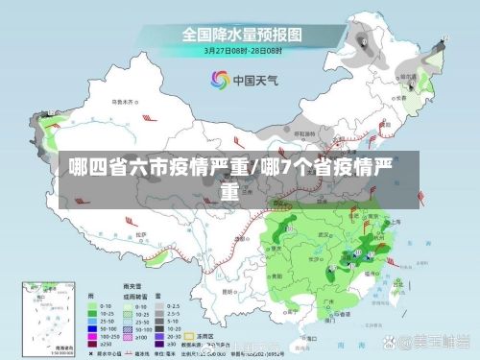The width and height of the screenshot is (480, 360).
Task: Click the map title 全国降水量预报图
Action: (x=241, y=34)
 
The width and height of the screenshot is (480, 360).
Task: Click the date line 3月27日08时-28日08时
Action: (x=241, y=51)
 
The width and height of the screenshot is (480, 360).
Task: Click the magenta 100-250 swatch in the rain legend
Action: (x=93, y=336)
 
